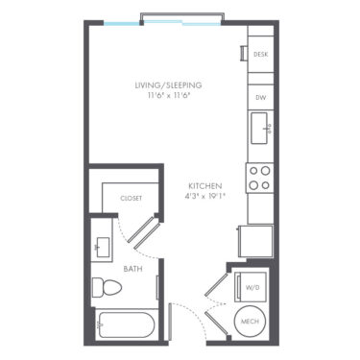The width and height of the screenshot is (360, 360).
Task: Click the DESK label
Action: (x=260, y=55)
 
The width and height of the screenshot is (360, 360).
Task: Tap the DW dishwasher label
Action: (x=260, y=98)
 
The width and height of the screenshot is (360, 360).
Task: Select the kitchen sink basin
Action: (x=259, y=128)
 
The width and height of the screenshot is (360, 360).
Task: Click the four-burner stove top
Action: (x=259, y=178)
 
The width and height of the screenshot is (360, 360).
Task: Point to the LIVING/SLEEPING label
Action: (x=168, y=85)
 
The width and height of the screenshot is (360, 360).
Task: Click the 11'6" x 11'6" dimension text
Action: (x=169, y=96)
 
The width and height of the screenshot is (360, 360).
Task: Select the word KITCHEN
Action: (x=205, y=186)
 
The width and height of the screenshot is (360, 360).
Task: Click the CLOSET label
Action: (x=131, y=199)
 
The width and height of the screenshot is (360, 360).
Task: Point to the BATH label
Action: (x=132, y=269)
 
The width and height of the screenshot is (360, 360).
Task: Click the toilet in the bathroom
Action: (x=107, y=287)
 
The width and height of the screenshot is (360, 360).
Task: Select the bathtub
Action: (x=127, y=325)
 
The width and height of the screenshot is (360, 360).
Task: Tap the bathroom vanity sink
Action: (x=102, y=248)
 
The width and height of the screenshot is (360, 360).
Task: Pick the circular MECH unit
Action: (x=250, y=322)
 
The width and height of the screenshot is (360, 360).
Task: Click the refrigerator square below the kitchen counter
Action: (x=256, y=241)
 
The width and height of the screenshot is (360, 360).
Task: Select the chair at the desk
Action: (x=244, y=54)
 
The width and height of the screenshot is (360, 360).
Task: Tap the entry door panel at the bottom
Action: (x=171, y=322)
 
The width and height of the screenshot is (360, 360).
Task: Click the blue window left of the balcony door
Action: (x=121, y=23)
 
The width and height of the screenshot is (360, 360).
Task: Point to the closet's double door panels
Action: (x=144, y=233)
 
